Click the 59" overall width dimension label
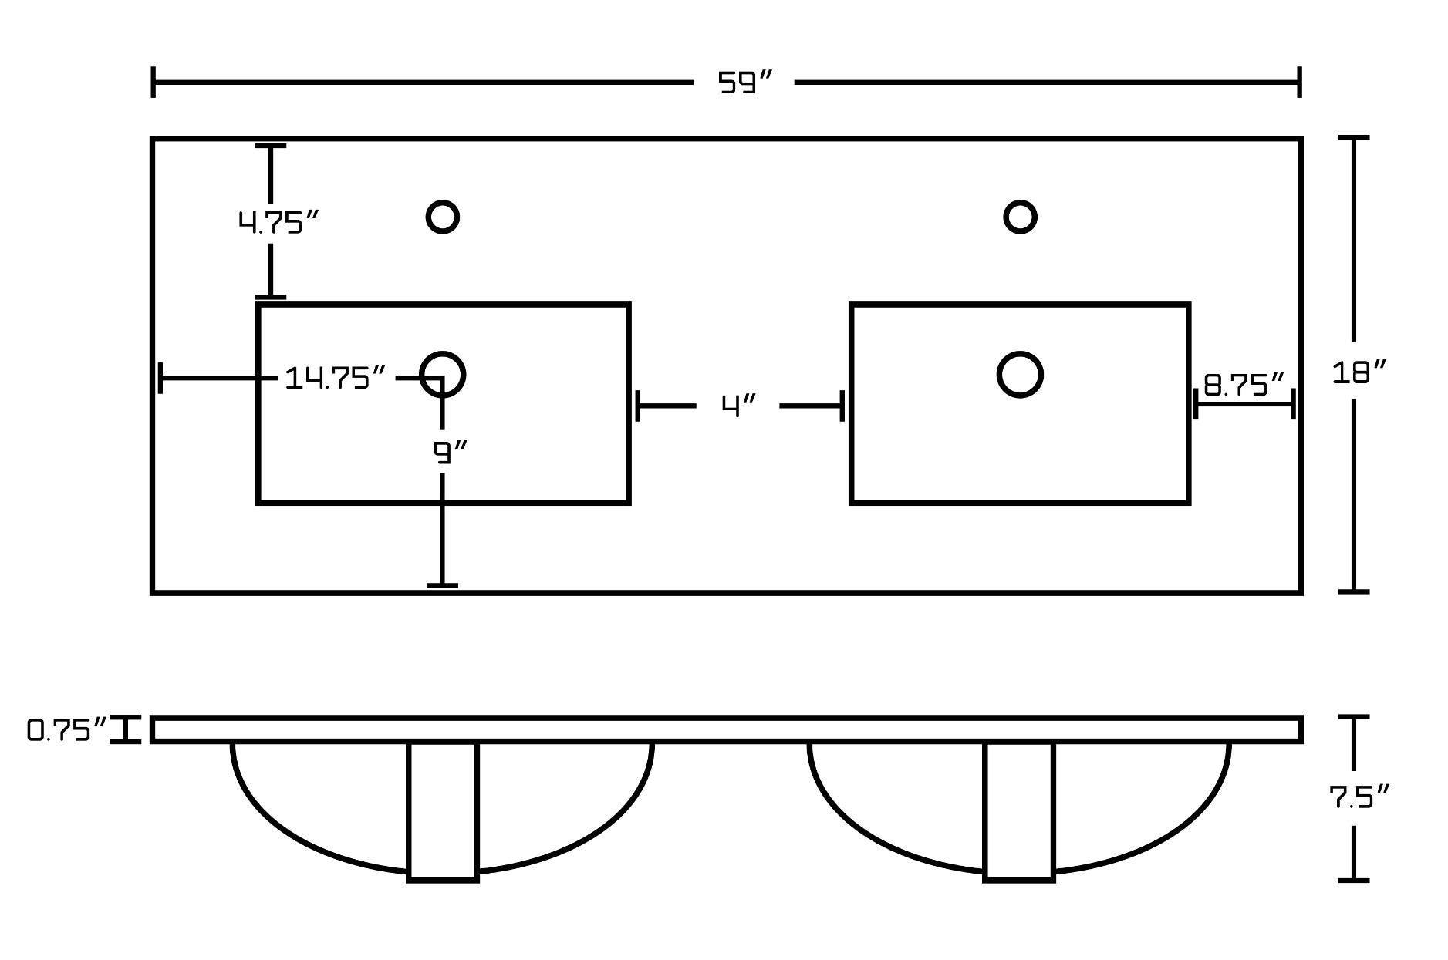[744, 83]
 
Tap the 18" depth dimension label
[1359, 373]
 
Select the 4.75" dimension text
[278, 223]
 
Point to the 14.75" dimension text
[336, 378]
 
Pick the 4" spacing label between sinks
[738, 406]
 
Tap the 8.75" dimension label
[1244, 384]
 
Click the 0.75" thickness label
[66, 729]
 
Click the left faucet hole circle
[443, 217]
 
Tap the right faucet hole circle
[1020, 217]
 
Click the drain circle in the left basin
[443, 375]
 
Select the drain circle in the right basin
[1020, 375]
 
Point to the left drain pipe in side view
[443, 811]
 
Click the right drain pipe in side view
[1019, 811]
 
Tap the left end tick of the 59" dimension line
[154, 83]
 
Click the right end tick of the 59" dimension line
[1300, 83]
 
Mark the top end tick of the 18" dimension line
[1354, 138]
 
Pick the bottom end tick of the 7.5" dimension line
[1354, 880]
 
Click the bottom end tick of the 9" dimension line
[442, 586]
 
